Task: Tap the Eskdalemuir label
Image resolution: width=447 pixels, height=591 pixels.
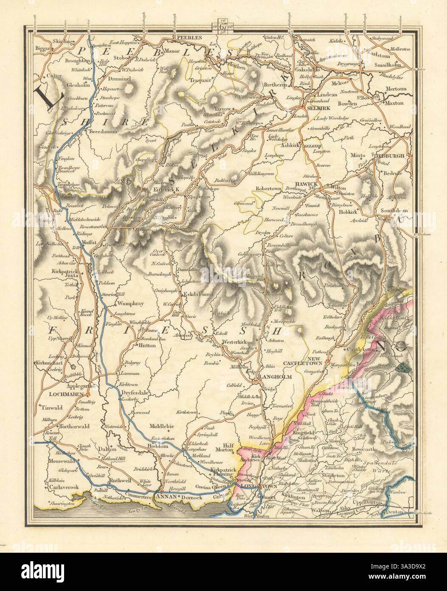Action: click(x=194, y=293)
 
